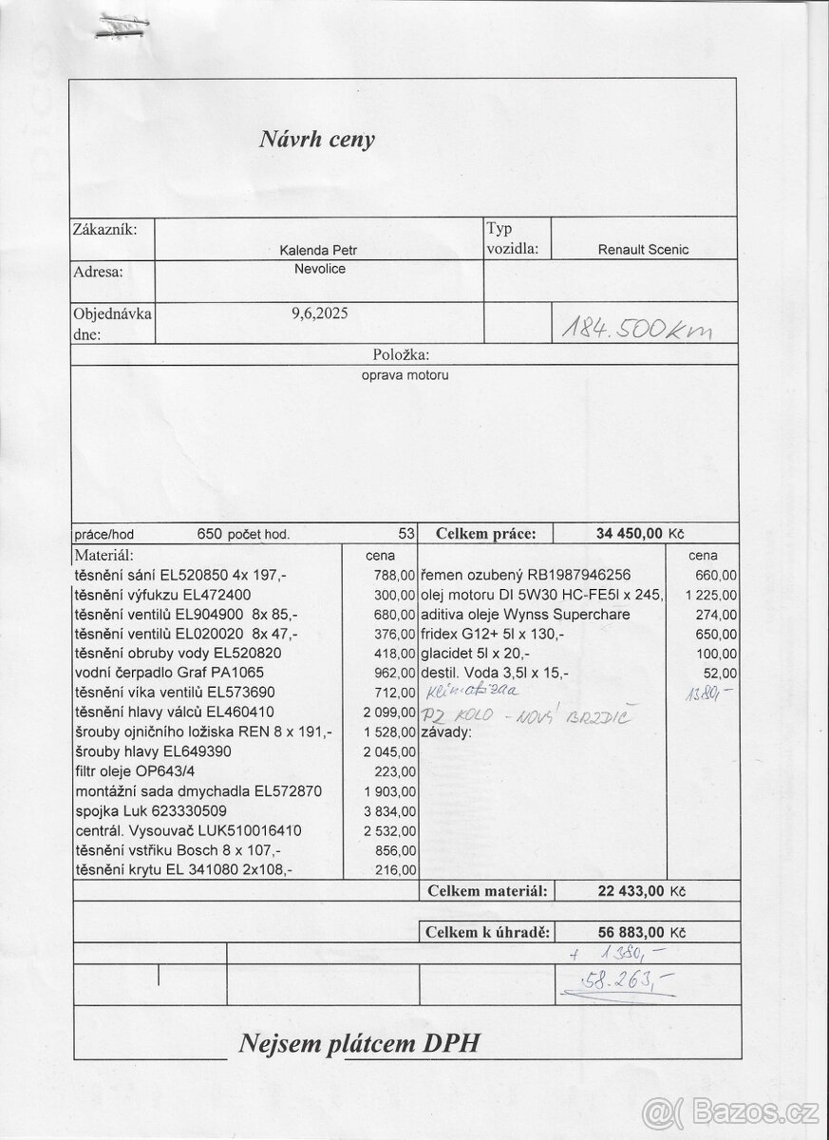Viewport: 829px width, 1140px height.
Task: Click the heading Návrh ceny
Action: (317, 140)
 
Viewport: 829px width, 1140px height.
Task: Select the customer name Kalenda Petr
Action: (318, 250)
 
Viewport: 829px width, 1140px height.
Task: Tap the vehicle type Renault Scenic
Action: (643, 250)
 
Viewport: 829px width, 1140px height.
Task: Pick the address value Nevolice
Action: (319, 269)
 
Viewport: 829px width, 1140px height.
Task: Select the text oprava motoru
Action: (405, 374)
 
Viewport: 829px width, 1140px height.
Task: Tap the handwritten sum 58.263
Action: (616, 986)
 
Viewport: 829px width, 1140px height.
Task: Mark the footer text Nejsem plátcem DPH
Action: (361, 1044)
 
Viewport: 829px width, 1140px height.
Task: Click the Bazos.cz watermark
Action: (731, 1111)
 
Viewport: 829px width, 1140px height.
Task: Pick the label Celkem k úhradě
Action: (487, 933)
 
